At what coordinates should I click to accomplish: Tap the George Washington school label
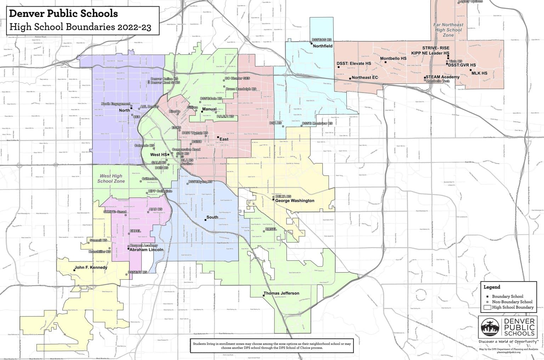295,201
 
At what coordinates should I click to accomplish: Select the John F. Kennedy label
91,268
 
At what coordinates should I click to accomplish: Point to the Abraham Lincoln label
147,250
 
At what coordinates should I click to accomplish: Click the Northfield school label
323,46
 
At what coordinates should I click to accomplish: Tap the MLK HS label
480,73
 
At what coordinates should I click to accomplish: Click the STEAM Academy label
442,77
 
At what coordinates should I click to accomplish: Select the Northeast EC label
365,78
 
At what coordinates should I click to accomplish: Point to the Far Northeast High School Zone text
448,30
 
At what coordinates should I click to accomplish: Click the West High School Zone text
111,178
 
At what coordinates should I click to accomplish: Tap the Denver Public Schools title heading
63,14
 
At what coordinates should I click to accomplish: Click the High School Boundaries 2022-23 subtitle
80,27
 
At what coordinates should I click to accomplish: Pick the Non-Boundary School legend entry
512,302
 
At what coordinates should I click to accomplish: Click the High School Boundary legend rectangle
487,307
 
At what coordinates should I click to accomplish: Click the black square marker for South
205,220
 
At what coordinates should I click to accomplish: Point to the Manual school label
209,109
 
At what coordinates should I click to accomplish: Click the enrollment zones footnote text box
272,346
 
